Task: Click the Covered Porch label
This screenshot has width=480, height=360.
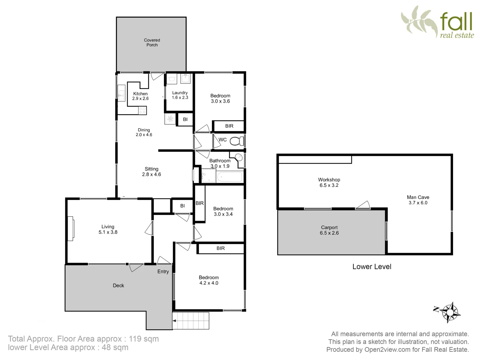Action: [x=152, y=42]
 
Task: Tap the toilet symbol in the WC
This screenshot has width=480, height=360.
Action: [x=237, y=141]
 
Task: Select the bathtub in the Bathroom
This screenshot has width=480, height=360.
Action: [x=230, y=177]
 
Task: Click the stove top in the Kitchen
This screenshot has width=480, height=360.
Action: [x=142, y=110]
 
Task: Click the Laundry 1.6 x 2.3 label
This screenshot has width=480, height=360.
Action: [x=180, y=95]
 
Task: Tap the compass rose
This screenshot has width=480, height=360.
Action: [x=450, y=312]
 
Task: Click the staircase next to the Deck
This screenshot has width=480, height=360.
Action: [x=191, y=321]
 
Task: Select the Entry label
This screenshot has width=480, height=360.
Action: [x=163, y=272]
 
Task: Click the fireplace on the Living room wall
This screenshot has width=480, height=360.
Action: [x=71, y=229]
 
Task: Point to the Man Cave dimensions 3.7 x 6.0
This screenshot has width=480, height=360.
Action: [x=418, y=203]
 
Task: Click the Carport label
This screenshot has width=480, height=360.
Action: [x=329, y=227]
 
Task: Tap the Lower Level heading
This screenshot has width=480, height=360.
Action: [x=372, y=267]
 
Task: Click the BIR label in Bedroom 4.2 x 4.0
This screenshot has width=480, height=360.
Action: [x=221, y=248]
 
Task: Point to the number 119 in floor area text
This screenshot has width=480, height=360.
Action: [x=135, y=339]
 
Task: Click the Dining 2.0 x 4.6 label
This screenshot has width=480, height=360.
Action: [x=144, y=132]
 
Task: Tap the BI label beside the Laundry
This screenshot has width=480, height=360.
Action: [x=185, y=119]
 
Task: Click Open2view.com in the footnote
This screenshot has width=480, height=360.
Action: [x=387, y=350]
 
